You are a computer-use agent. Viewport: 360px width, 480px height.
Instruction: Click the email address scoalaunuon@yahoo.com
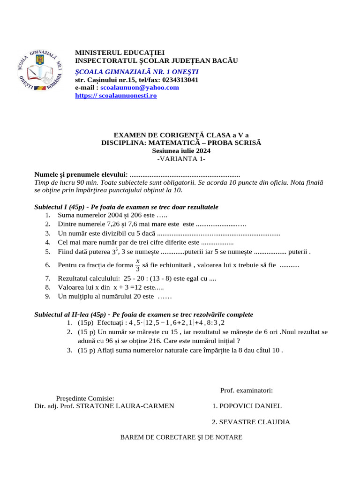(x=140, y=87)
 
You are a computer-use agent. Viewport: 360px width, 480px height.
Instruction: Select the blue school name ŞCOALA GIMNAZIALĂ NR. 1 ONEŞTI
(x=137, y=71)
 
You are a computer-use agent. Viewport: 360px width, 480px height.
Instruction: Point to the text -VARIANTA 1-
(x=181, y=159)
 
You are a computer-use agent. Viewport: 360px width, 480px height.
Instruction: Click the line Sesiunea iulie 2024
(x=181, y=151)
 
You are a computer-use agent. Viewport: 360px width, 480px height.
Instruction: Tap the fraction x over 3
(x=137, y=265)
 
